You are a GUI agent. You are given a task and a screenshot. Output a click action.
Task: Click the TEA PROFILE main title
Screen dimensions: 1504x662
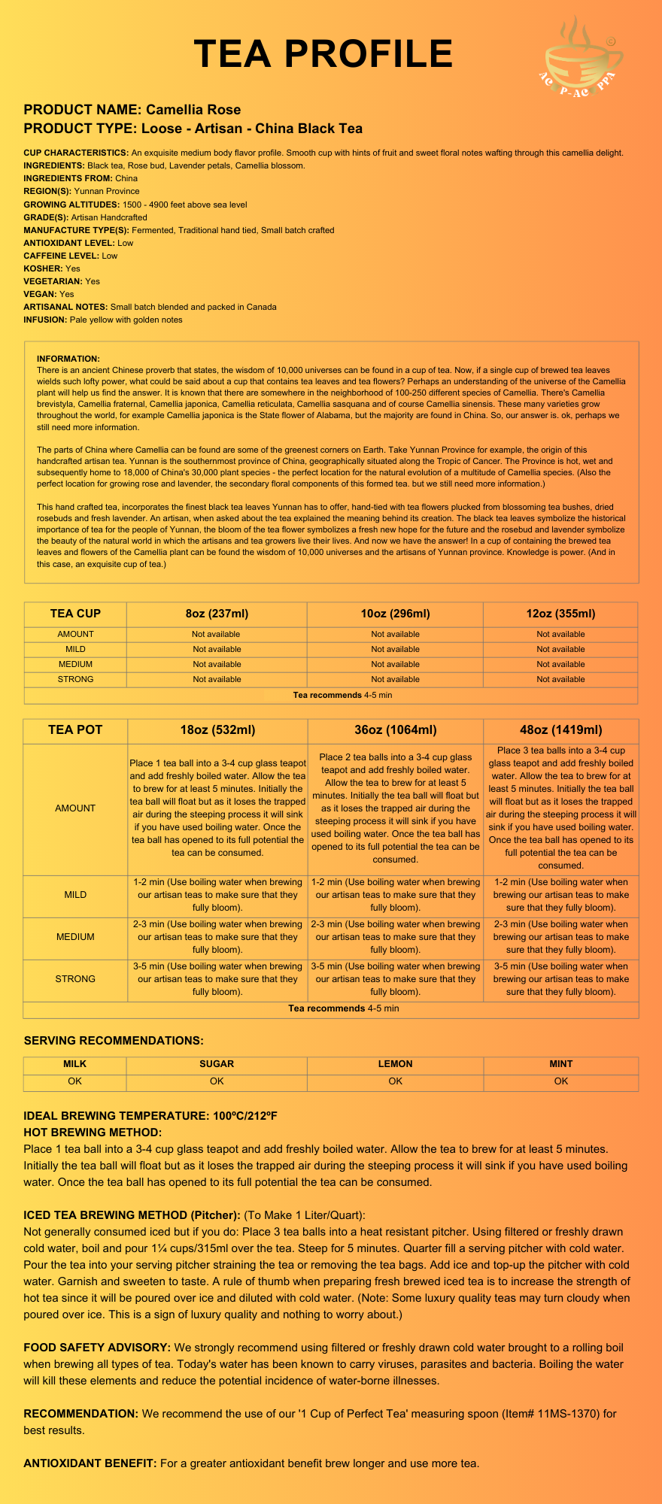coord(323,54)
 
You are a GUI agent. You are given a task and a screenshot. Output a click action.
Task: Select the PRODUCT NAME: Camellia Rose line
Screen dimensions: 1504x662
coord(132,110)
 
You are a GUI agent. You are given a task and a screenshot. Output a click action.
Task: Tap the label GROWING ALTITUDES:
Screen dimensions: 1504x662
coord(65,205)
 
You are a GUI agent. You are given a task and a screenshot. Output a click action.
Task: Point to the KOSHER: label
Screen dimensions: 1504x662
coord(43,268)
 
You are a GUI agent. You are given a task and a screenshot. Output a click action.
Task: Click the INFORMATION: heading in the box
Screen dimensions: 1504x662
coord(68,359)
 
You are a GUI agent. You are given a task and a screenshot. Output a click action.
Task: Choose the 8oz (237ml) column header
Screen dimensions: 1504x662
coord(217,614)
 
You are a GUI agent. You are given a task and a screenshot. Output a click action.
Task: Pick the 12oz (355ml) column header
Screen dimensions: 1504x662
coord(560,614)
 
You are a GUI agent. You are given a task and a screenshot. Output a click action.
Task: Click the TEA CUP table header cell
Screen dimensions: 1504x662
coord(75,614)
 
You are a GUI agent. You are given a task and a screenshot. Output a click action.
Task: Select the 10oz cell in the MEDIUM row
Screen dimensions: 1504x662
coord(395,664)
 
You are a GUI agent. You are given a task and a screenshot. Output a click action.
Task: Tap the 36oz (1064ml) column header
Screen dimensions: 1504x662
coord(395,730)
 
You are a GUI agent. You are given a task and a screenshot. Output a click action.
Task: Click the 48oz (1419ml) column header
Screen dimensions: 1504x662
coord(560,730)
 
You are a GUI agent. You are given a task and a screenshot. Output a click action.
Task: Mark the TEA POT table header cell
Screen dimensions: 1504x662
coord(75,730)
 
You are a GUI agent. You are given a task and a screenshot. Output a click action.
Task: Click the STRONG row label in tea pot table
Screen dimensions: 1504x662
coord(75,979)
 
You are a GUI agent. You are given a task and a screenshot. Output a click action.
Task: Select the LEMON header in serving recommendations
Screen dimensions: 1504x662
coord(395,1064)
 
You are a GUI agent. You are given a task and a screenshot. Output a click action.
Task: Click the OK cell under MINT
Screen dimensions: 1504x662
coord(560,1081)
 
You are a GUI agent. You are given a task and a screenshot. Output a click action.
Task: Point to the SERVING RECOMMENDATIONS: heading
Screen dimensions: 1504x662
coord(114,1041)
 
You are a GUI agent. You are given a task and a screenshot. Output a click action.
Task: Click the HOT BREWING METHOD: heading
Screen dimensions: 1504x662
coord(93,1133)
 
